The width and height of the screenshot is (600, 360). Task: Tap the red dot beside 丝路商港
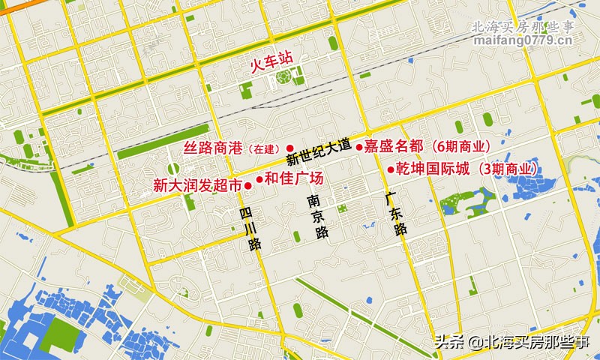tap(289, 148)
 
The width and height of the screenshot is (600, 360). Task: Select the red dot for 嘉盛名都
tap(359, 146)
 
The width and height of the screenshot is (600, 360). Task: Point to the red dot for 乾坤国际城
tap(391, 169)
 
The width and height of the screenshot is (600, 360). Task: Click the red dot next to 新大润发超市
tap(248, 185)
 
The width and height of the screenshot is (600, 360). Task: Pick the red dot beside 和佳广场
tap(259, 179)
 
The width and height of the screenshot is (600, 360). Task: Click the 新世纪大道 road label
tap(319, 152)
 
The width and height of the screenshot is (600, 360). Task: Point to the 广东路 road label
tap(395, 215)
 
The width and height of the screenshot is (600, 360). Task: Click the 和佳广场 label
tap(294, 178)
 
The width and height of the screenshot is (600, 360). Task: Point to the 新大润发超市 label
tap(198, 185)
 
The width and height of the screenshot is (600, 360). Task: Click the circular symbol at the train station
tap(283, 76)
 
